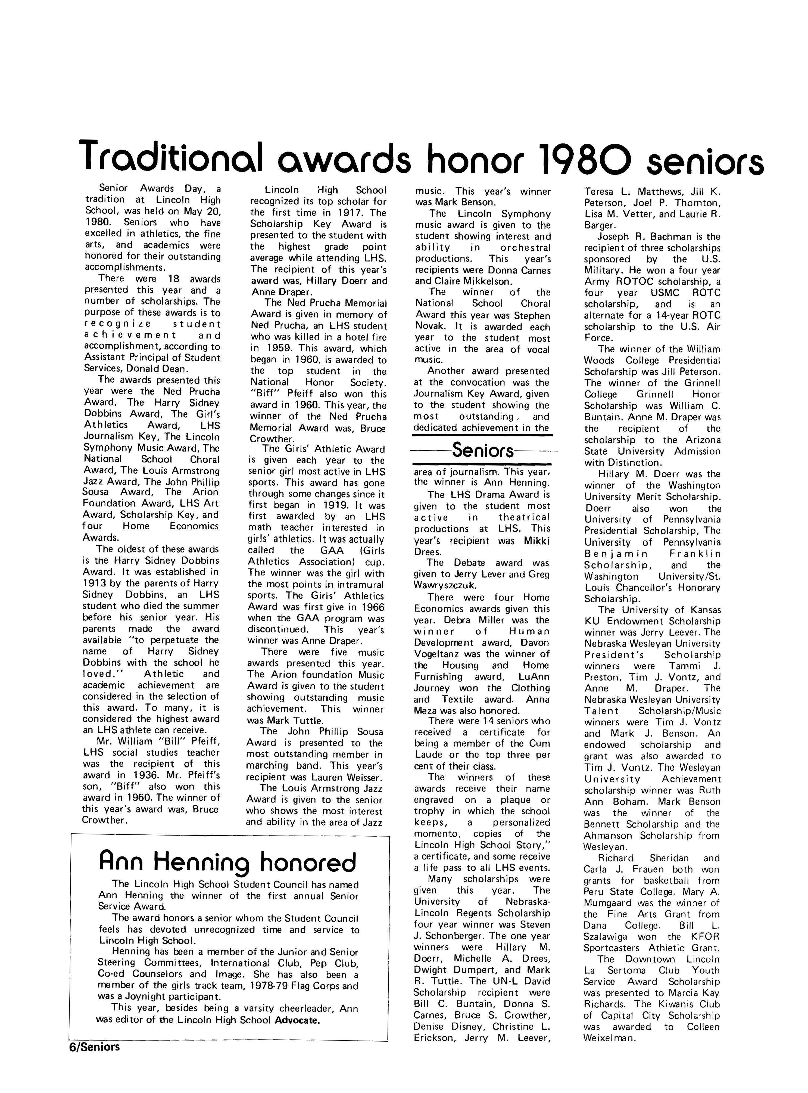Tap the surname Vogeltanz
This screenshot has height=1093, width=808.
coord(436,654)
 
